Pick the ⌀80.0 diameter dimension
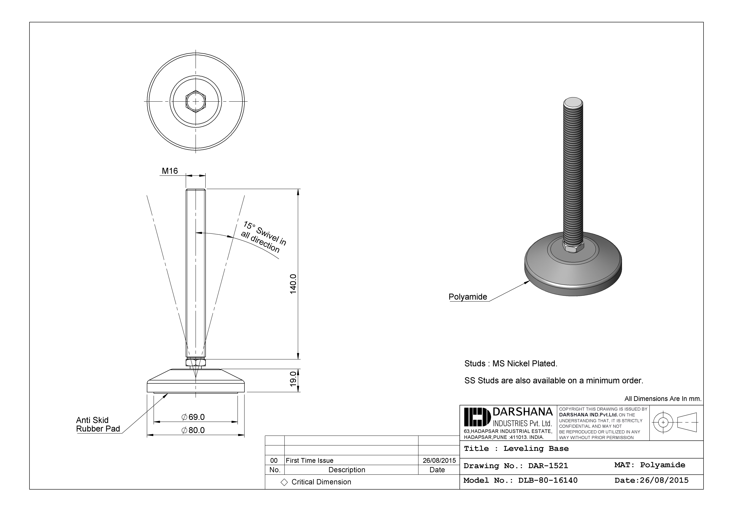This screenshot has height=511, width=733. click(x=193, y=430)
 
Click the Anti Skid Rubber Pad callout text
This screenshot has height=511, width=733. click(x=98, y=425)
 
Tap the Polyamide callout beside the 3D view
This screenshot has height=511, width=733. click(x=468, y=297)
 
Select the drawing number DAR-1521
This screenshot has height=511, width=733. click(x=548, y=466)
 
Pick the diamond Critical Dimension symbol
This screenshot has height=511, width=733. click(x=284, y=482)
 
